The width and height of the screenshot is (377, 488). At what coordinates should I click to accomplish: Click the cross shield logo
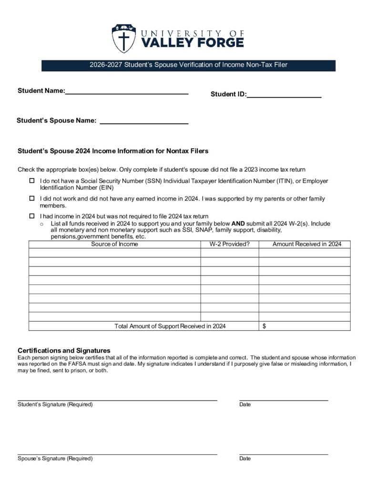point(123,39)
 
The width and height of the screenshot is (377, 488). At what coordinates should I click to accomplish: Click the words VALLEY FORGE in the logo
point(193,42)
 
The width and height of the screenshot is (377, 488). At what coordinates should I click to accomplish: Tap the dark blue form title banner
point(188,65)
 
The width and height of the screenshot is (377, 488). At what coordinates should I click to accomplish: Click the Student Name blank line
point(127,94)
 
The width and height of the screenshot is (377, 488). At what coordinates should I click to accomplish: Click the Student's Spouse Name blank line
point(144,123)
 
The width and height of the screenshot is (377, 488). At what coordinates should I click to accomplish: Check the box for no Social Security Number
point(32,181)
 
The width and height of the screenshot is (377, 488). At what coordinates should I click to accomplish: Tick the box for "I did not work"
point(32,198)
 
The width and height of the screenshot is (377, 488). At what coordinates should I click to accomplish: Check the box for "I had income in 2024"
point(32,215)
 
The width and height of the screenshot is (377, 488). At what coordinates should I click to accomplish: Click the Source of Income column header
point(114,244)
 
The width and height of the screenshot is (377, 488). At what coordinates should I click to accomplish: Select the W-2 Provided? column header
point(229,244)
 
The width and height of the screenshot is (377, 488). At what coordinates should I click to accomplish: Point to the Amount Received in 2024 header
point(306,244)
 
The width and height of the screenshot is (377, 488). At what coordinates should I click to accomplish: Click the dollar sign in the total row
point(265,326)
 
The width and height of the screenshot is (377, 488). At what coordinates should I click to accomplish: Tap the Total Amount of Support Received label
point(170,326)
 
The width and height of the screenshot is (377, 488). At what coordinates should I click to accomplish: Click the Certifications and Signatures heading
point(64,350)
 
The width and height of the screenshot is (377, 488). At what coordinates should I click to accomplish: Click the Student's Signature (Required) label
point(55,405)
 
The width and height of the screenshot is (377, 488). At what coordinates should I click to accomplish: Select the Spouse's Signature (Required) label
point(55,459)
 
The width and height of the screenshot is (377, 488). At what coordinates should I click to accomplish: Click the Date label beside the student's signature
point(245,405)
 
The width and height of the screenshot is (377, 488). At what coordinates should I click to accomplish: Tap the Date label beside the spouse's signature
point(245,459)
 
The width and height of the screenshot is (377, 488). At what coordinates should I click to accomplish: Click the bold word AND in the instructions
point(238,224)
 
